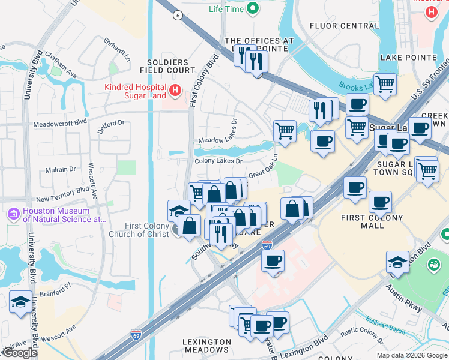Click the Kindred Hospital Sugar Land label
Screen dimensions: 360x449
(135, 91)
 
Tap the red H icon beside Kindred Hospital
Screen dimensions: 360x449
(175, 91)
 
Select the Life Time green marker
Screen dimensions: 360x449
(253, 8)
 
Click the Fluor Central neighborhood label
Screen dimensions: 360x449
(344, 26)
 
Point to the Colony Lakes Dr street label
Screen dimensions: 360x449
(218, 161)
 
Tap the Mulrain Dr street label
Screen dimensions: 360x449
(63, 170)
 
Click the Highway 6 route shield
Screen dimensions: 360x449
(177, 16)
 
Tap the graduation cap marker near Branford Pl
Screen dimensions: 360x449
(20, 302)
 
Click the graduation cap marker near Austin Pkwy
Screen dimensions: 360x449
(397, 262)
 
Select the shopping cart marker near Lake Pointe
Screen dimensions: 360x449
(385, 83)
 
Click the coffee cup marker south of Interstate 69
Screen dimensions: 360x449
(273, 261)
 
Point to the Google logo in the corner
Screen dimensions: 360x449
(19, 353)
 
